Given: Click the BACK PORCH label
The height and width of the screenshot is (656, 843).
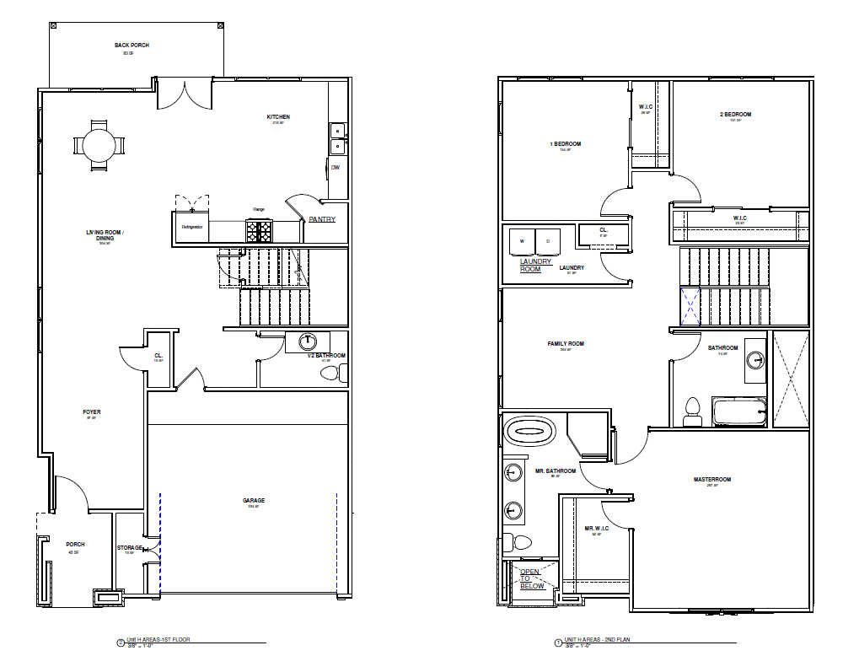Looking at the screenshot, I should [132, 45].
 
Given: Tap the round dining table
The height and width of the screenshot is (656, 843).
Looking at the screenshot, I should [99, 145].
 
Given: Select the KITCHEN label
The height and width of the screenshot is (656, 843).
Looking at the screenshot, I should [278, 116].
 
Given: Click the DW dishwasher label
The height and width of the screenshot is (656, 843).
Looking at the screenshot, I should [335, 167].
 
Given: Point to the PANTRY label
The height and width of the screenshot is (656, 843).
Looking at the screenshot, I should [322, 220].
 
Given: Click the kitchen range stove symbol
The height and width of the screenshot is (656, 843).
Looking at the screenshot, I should [259, 229].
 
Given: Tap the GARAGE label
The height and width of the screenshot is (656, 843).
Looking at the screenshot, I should [254, 500].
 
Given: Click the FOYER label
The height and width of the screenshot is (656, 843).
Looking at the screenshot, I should [92, 412].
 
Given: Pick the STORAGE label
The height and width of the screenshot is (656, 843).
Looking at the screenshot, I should [130, 548].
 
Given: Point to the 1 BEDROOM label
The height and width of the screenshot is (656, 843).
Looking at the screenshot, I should [565, 144].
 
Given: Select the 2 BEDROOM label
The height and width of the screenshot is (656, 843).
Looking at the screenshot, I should [735, 114].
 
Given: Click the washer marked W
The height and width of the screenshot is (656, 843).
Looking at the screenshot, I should [523, 241].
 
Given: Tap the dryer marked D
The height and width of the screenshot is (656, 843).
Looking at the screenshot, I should [548, 241].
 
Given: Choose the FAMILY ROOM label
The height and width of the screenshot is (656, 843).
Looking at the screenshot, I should [565, 344].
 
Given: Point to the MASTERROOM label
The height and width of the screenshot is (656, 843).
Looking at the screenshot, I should [712, 479].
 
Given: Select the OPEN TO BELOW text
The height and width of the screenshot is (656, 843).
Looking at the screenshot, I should [531, 578].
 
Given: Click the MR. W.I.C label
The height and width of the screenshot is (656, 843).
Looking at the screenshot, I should [596, 529].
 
